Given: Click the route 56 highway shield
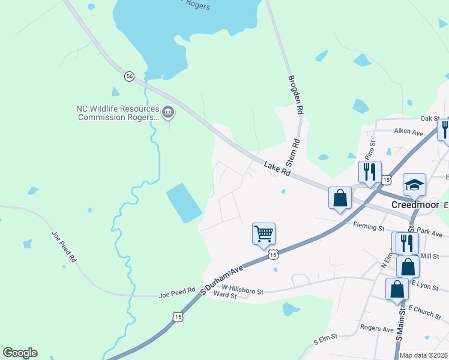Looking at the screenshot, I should pyautogui.click(x=129, y=76).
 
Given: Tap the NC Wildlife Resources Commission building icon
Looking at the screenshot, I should pyautogui.click(x=168, y=110).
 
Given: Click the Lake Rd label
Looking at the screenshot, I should pyautogui.click(x=277, y=167).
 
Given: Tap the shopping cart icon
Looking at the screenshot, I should pyautogui.click(x=264, y=233).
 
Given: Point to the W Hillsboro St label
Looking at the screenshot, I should pyautogui.click(x=243, y=290).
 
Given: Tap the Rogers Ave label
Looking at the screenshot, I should pyautogui.click(x=376, y=328).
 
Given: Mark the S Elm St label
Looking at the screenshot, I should pyautogui.click(x=326, y=340).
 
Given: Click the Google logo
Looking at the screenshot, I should pyautogui.click(x=20, y=352).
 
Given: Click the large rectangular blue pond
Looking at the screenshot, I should pyautogui.click(x=184, y=202).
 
